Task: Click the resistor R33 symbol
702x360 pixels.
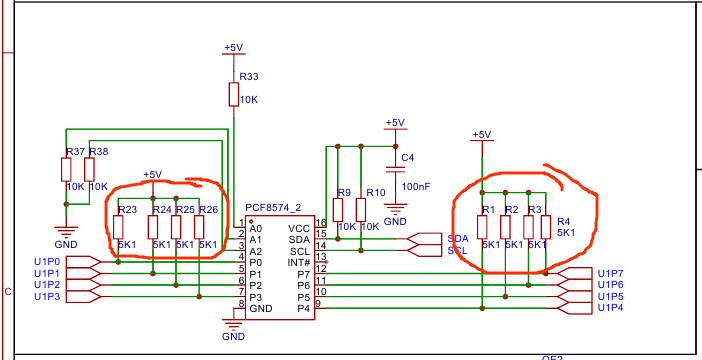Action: (x=233, y=94)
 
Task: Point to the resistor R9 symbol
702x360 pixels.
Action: (x=338, y=209)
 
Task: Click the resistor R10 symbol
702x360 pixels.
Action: (x=360, y=209)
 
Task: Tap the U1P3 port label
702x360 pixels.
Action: (x=47, y=297)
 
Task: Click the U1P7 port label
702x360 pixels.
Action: (x=610, y=273)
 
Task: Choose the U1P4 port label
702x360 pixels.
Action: (x=610, y=308)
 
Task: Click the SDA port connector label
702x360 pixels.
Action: (x=458, y=239)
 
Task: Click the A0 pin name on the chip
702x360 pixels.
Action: (x=256, y=228)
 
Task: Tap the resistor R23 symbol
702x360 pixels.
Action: (x=119, y=227)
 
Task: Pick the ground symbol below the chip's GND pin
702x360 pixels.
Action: (x=234, y=325)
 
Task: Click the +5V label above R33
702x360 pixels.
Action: (x=233, y=47)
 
